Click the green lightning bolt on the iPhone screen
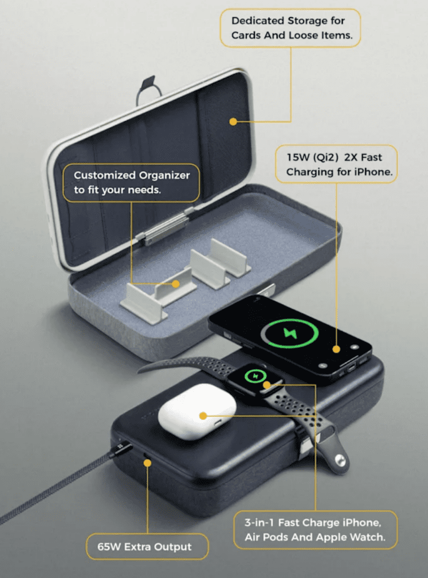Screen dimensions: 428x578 pyautogui.click(x=290, y=333)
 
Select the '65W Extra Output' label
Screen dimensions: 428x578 pyautogui.click(x=144, y=546)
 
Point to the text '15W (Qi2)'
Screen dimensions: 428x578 pyautogui.click(x=312, y=157)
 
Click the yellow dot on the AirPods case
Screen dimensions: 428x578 pyautogui.click(x=203, y=416)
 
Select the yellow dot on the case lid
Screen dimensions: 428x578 pyautogui.click(x=233, y=121)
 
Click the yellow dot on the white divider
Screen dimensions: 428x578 pyautogui.click(x=176, y=284)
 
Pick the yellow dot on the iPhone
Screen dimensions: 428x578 pyautogui.click(x=336, y=349)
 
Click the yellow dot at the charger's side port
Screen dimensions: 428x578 pyautogui.click(x=147, y=463)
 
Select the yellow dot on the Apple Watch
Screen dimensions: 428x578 pyautogui.click(x=267, y=385)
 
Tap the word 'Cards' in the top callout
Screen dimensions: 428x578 pyautogui.click(x=246, y=36)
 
